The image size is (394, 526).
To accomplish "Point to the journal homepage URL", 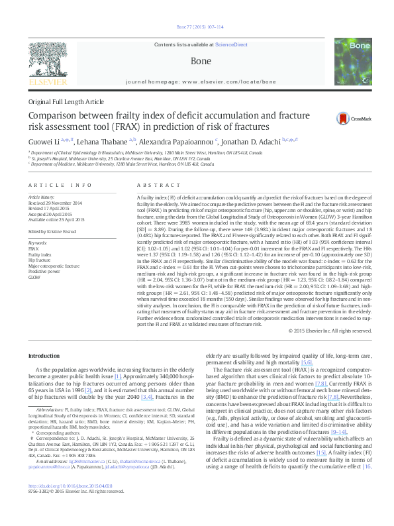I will (x=200, y=79).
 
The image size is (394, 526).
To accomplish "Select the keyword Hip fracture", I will (x=40, y=243).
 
